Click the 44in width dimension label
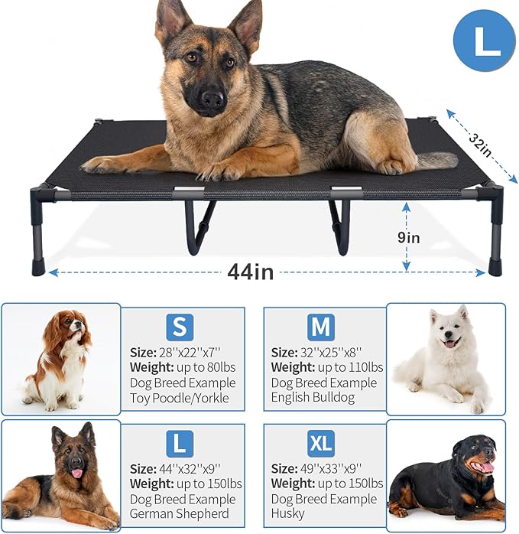click(x=249, y=272)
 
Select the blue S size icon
click(x=180, y=327)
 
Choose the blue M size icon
click(x=321, y=327)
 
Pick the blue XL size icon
click(x=321, y=443)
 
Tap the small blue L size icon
click(x=180, y=443)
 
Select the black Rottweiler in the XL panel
click(x=447, y=474)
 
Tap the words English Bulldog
click(x=313, y=398)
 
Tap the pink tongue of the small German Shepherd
click(x=76, y=474)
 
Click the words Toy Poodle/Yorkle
click(x=180, y=398)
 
